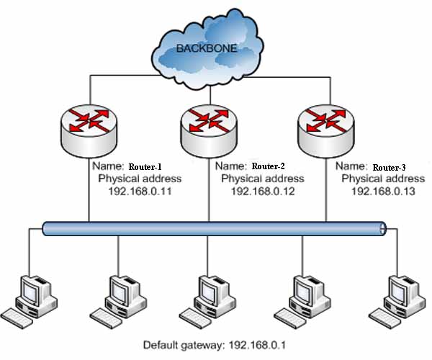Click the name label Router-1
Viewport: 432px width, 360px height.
click(149, 165)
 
